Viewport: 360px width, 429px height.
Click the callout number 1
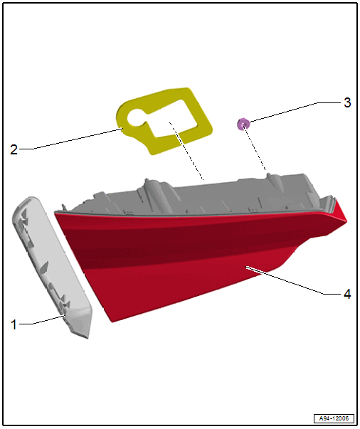[x=14, y=324]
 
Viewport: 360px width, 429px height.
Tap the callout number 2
[x=14, y=149]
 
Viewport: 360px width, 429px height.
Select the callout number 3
[x=347, y=102]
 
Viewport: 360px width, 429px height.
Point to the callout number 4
[x=347, y=294]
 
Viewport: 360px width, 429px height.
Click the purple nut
[x=243, y=125]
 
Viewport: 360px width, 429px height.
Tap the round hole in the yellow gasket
[x=136, y=117]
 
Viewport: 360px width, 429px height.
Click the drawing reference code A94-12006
[x=334, y=418]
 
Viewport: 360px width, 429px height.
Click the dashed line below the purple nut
[x=255, y=149]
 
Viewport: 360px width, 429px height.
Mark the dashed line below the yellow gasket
[x=186, y=152]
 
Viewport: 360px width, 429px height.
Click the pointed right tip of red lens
[x=346, y=221]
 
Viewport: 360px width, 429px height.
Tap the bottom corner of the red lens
[x=112, y=322]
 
